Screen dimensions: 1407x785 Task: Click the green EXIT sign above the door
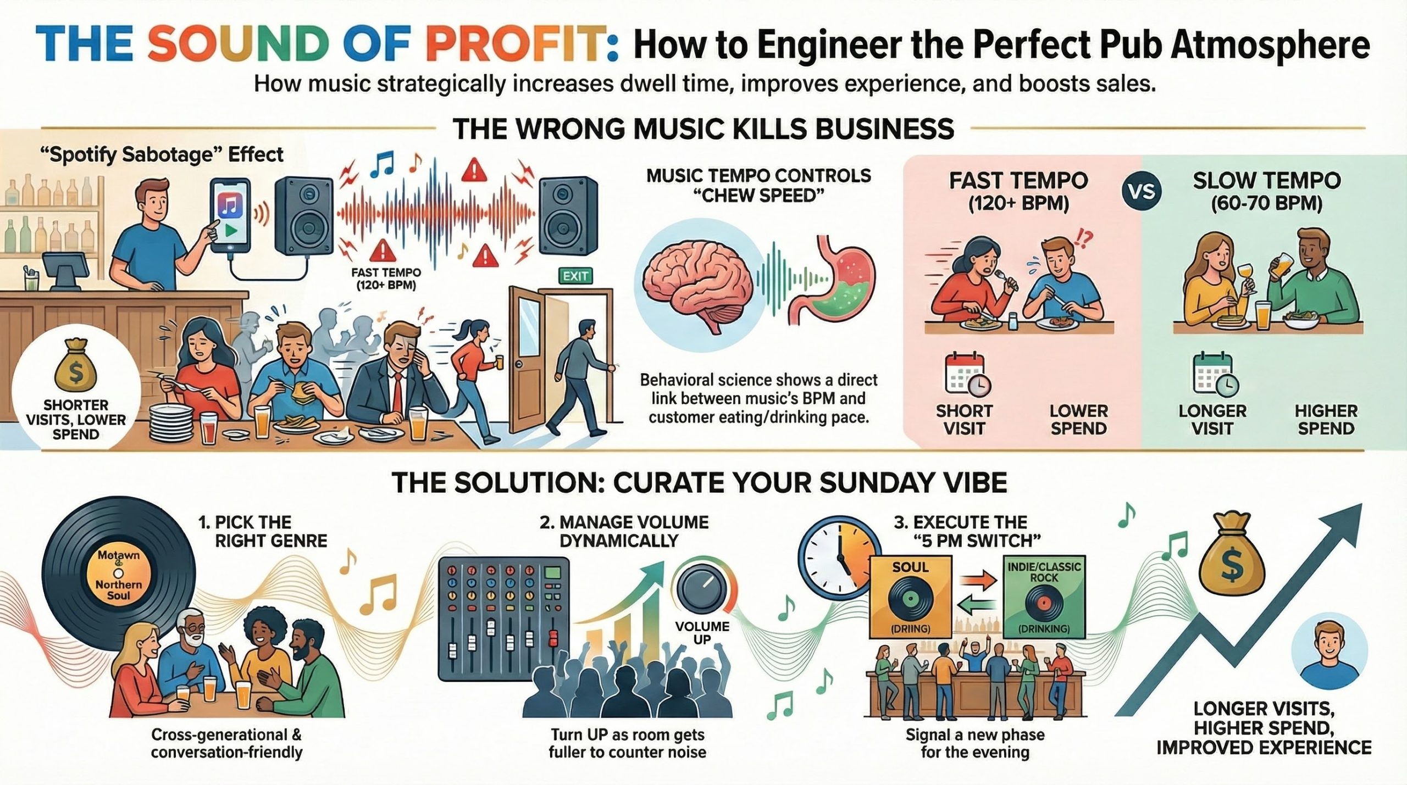point(575,275)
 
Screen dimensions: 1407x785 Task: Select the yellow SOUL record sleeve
point(911,604)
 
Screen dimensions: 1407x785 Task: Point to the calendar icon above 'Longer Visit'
point(1214,375)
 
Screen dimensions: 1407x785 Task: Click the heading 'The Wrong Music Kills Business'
point(703,129)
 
